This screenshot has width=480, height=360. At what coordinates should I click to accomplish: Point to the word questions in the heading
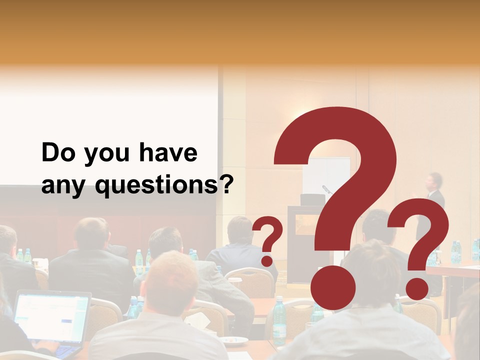click(x=156, y=186)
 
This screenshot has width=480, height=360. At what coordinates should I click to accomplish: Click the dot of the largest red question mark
click(x=332, y=287)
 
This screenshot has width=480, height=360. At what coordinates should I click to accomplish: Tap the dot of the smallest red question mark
click(x=267, y=260)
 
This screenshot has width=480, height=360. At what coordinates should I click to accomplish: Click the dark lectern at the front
click(x=300, y=240)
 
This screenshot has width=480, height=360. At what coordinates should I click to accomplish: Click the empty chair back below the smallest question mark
click(x=249, y=281)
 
